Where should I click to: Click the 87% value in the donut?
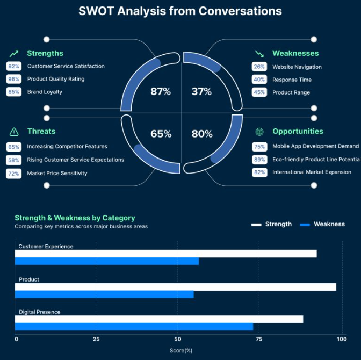161,92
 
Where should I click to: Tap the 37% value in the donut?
201,92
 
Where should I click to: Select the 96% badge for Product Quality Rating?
14,79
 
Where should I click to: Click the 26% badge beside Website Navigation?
259,67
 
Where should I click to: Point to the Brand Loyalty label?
45,92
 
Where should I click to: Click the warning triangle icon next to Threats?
14,132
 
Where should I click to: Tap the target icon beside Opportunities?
259,132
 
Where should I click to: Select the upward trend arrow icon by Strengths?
14,53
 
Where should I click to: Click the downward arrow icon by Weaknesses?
259,54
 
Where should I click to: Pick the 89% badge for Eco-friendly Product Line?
259,160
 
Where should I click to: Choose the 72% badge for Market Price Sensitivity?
14,174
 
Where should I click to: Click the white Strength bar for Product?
175,287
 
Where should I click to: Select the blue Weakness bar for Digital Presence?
134,327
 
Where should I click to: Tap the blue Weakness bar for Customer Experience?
106,261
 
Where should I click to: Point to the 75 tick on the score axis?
259,339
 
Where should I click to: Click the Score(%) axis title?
180,350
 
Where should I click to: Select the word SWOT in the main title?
96,11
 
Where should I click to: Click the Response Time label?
292,80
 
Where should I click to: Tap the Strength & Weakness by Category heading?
75,218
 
